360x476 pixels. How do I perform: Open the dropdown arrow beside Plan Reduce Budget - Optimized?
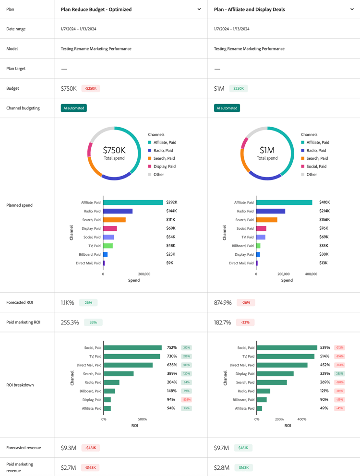point(199,9)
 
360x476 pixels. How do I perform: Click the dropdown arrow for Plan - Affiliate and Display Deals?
point(352,9)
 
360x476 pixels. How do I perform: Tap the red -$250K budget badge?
point(90,88)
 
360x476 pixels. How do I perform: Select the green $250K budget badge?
point(238,88)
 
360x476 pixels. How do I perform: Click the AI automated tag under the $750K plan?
point(74,108)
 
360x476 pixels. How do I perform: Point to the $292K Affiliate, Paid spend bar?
point(133,202)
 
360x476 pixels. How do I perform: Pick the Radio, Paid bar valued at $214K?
point(271,211)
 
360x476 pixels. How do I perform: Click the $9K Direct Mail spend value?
point(169,263)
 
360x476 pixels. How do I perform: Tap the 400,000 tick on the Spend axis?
point(311,274)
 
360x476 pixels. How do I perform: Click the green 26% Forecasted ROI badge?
point(88,303)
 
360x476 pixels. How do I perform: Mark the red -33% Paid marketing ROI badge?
point(245,322)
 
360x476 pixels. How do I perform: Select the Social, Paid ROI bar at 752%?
point(133,348)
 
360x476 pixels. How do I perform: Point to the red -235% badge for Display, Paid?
point(186,400)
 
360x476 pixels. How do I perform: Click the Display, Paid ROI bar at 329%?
point(276,374)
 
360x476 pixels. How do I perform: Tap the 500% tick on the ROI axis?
point(142,419)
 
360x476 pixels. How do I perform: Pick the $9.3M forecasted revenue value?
point(68,448)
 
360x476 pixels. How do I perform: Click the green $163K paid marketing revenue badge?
point(243,467)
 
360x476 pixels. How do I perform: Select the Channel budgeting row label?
point(23,108)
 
